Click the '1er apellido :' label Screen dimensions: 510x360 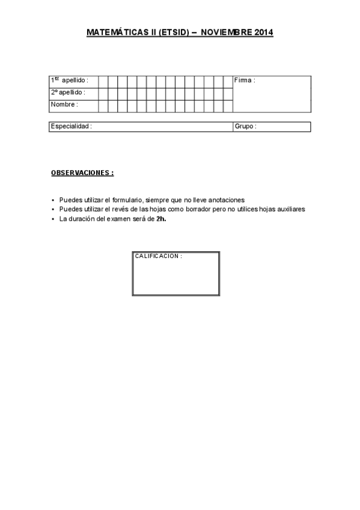tap(69, 81)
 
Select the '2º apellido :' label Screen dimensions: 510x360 tap(67, 93)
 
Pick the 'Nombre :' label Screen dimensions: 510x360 tap(64, 104)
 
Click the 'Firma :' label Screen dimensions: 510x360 tap(245, 81)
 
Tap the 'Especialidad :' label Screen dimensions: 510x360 tap(71, 127)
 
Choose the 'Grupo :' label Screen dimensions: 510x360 tap(245, 127)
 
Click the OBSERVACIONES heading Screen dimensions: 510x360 tap(82, 173)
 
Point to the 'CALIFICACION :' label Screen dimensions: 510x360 tap(158, 256)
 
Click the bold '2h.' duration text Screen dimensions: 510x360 tap(160, 219)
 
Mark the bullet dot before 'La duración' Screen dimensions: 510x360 tap(53, 220)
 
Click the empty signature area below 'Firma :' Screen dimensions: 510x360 tap(271, 99)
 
